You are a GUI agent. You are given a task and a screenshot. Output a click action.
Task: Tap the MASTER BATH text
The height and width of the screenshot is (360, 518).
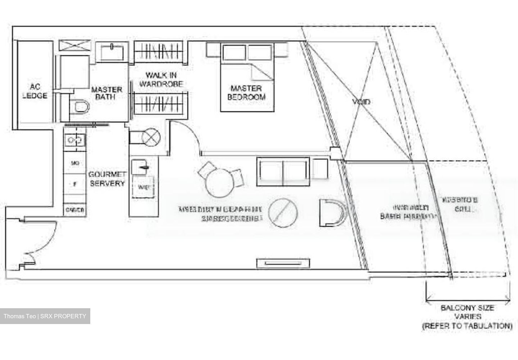(106, 93)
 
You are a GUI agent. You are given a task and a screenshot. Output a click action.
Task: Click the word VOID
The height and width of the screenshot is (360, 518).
(361, 102)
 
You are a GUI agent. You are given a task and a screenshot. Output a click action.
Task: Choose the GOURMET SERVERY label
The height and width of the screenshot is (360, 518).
(107, 179)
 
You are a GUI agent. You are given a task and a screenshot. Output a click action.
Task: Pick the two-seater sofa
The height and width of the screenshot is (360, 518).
(283, 172)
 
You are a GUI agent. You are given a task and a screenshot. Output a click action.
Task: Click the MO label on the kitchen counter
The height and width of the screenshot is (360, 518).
(75, 164)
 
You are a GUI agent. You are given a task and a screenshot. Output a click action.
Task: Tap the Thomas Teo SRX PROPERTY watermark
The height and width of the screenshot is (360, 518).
(45, 316)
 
